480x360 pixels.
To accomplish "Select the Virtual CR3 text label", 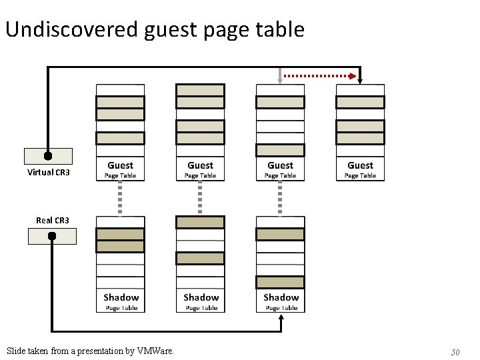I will pyautogui.click(x=48, y=173).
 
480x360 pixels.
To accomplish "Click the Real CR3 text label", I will pyautogui.click(x=53, y=220).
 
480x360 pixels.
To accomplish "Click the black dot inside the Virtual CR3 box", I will pyautogui.click(x=48, y=156).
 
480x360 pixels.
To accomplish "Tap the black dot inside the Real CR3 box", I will pyautogui.click(x=52, y=236).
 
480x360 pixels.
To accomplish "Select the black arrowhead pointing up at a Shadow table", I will pyautogui.click(x=281, y=319).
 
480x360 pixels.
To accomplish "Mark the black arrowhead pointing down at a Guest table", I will pyautogui.click(x=360, y=80).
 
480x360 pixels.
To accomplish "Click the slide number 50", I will pyautogui.click(x=455, y=351).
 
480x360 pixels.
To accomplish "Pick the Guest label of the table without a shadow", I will pyautogui.click(x=360, y=165).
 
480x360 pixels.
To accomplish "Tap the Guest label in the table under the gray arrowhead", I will pyautogui.click(x=280, y=165).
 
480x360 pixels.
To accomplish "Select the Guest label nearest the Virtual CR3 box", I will pyautogui.click(x=120, y=165).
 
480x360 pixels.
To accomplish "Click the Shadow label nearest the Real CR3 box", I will pyautogui.click(x=121, y=297).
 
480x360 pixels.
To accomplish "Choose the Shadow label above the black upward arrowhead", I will pyautogui.click(x=281, y=297).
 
